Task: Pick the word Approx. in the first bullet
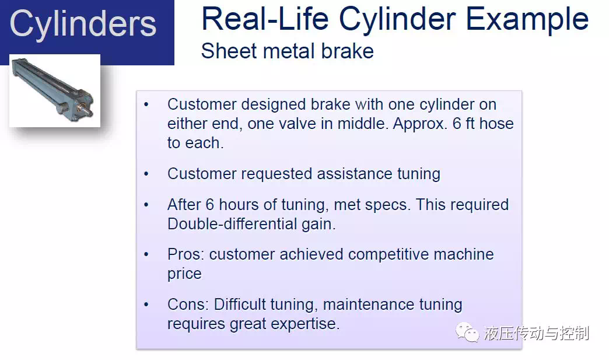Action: tap(420, 124)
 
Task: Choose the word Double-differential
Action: tap(232, 223)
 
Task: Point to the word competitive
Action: tap(388, 254)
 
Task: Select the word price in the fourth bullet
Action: tap(184, 274)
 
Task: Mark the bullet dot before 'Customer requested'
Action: tap(146, 174)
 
